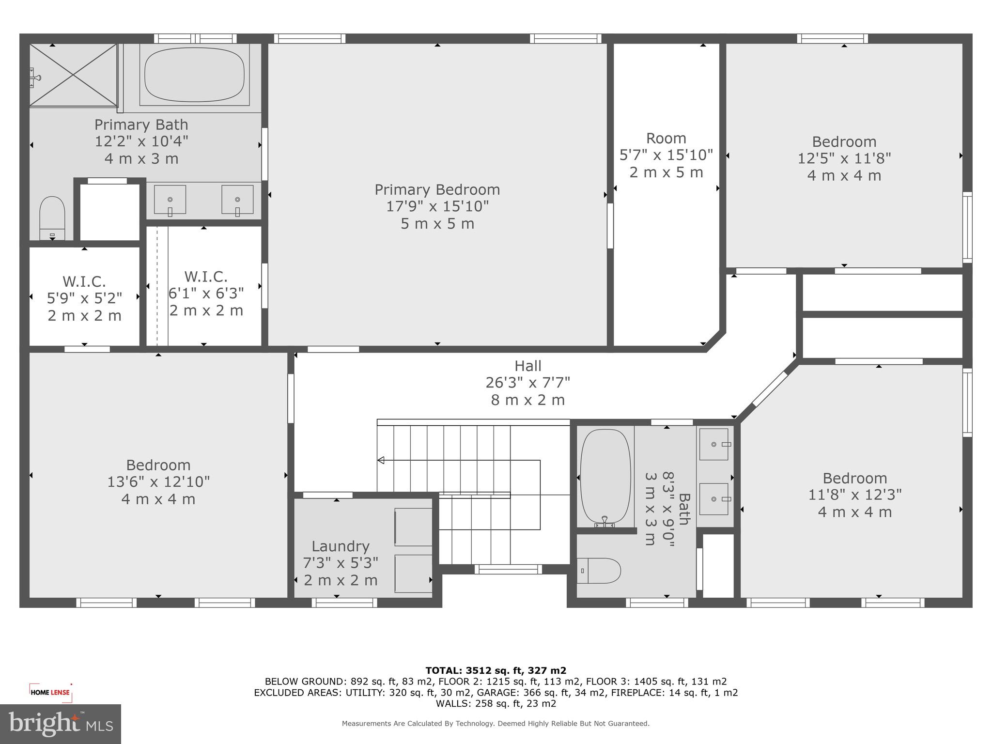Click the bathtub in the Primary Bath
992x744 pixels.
(194, 75)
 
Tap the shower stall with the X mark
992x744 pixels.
(73, 75)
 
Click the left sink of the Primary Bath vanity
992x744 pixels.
(170, 200)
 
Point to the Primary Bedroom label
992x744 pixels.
(437, 189)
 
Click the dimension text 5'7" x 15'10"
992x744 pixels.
(666, 155)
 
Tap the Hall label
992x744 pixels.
(527, 366)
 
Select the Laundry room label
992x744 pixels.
(340, 546)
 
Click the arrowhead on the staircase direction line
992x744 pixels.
(381, 460)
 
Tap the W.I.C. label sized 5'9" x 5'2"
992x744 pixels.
(84, 281)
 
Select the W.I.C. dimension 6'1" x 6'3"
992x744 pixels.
(206, 294)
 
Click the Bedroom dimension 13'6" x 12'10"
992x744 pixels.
(158, 482)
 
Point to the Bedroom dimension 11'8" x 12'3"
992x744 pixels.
(854, 495)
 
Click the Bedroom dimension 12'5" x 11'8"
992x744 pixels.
(844, 158)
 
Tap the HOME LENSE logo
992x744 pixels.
(50, 693)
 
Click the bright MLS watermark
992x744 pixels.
(60, 724)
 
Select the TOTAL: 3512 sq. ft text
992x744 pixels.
(496, 670)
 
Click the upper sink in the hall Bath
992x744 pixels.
(714, 444)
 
